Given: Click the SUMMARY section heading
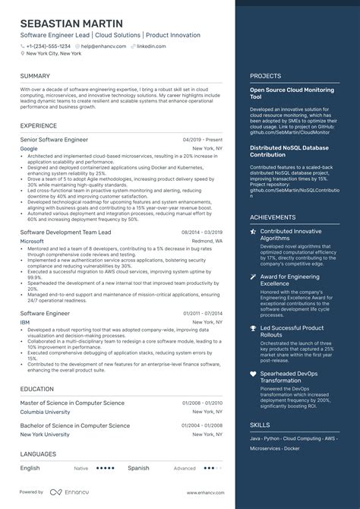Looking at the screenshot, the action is point(35,76).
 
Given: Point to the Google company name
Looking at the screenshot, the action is point(28,149).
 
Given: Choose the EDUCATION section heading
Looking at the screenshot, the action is point(37,388).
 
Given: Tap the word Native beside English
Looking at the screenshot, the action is point(81,469).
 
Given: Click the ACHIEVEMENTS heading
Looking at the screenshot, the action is point(273,217).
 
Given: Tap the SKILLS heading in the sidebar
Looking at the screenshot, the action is point(259,425).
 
